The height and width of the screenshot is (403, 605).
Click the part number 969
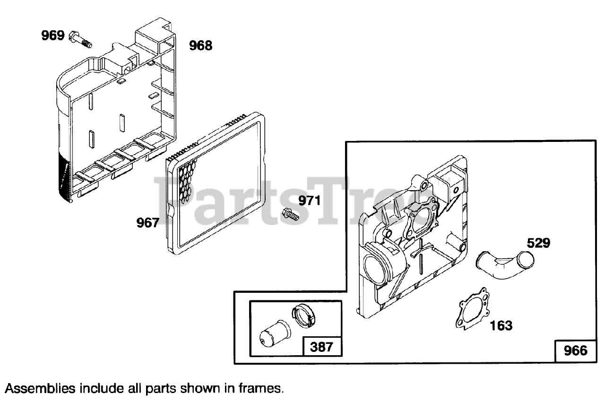click(x=52, y=35)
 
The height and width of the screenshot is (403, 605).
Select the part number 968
click(x=200, y=46)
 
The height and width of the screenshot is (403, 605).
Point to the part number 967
click(x=148, y=222)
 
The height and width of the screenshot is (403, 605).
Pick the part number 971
click(x=309, y=201)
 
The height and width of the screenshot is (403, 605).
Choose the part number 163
click(x=501, y=325)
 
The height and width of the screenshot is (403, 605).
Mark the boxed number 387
click(x=321, y=347)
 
